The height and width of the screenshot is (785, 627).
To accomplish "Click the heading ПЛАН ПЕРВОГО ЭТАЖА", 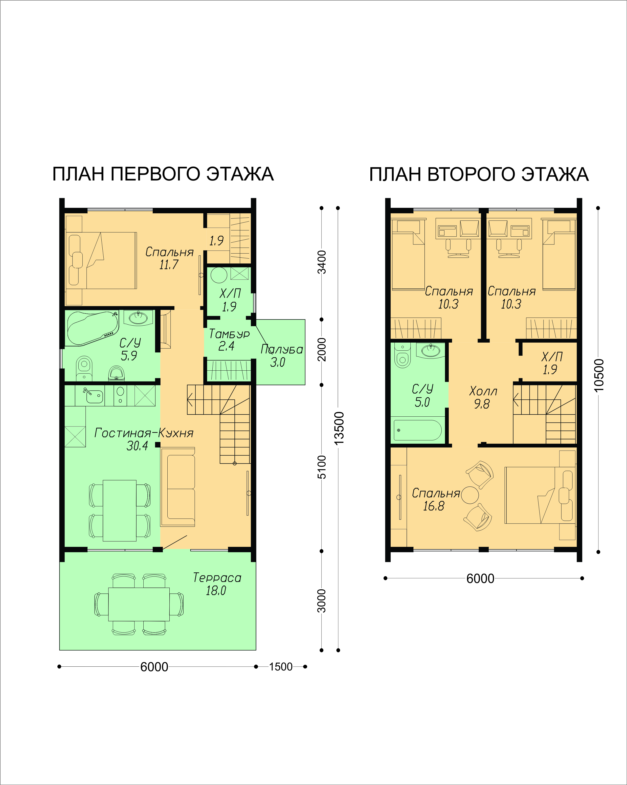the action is click(163, 174).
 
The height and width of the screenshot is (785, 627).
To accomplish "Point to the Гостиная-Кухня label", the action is click(144, 433).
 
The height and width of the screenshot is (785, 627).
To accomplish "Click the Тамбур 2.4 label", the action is click(229, 340).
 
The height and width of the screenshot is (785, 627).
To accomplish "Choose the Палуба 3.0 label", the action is click(281, 356).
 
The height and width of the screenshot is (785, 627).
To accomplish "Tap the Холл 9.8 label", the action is click(483, 397).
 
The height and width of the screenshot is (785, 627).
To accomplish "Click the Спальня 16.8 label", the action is click(436, 499).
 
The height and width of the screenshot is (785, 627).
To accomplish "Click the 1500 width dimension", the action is click(281, 667).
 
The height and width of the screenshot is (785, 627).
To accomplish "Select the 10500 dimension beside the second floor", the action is click(599, 375).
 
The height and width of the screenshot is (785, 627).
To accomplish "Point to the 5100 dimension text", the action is click(322, 467).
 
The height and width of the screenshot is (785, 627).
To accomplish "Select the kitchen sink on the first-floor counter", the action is click(94, 395).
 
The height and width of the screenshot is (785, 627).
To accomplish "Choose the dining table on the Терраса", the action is click(139, 604).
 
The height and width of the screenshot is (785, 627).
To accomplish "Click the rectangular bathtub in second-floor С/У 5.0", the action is click(418, 430).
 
